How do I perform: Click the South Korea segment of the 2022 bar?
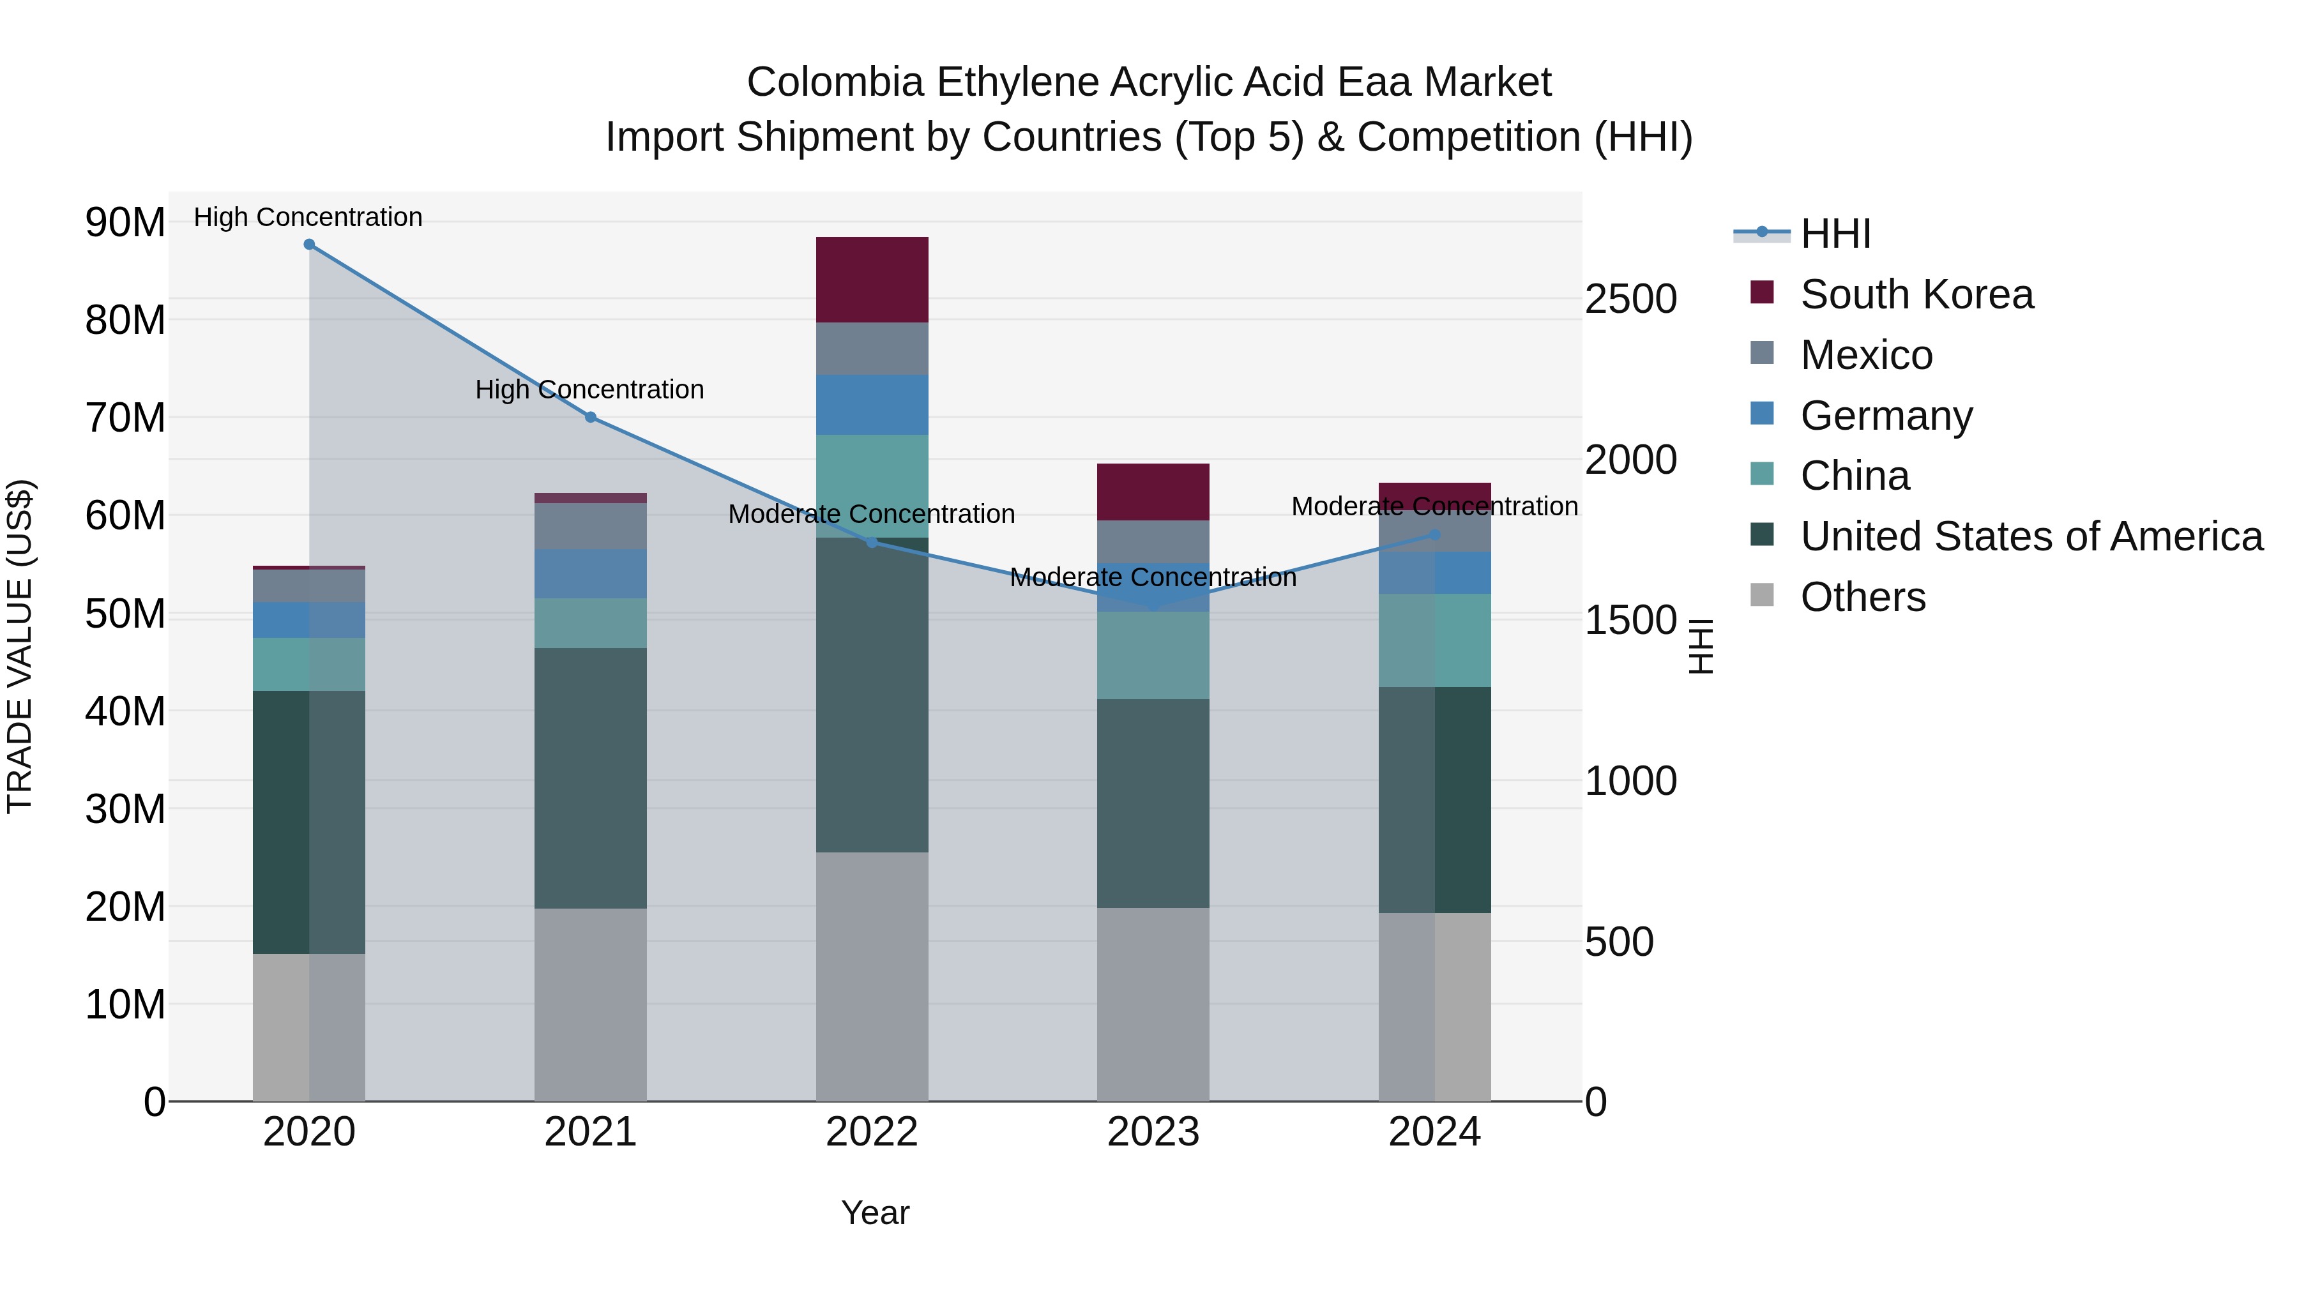tap(872, 279)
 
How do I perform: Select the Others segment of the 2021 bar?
tap(590, 1004)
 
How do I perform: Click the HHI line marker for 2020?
tap(309, 244)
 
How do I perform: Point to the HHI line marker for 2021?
tap(590, 417)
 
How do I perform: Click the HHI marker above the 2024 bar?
tap(1434, 534)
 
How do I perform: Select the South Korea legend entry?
tap(1915, 294)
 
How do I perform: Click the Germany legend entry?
tap(1885, 416)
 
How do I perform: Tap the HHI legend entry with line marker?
tap(1834, 234)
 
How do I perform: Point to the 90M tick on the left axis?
tap(125, 222)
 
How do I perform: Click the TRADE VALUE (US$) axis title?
tap(20, 646)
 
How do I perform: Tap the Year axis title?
tap(875, 1213)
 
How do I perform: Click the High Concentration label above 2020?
tap(308, 217)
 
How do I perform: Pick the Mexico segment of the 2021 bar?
tap(590, 526)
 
